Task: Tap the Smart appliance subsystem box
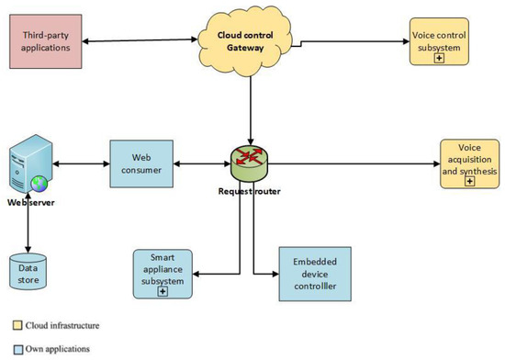point(164,274)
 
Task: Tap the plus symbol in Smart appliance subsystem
point(163,292)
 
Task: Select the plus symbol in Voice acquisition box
point(470,182)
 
